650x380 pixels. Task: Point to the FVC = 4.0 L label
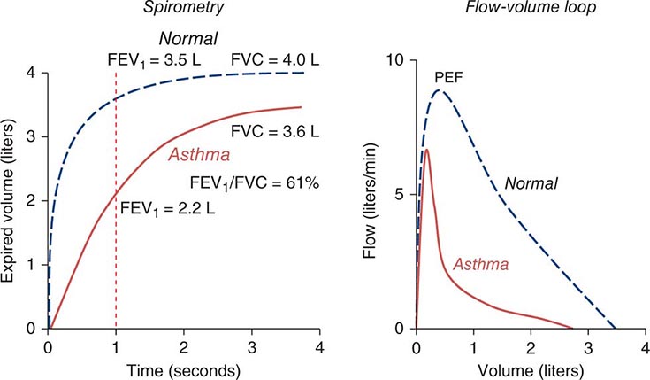click(273, 61)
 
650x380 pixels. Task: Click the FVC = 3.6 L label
click(278, 132)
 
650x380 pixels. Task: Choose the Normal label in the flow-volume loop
click(531, 183)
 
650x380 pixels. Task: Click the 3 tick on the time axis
click(251, 345)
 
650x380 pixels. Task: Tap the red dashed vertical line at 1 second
click(116, 266)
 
